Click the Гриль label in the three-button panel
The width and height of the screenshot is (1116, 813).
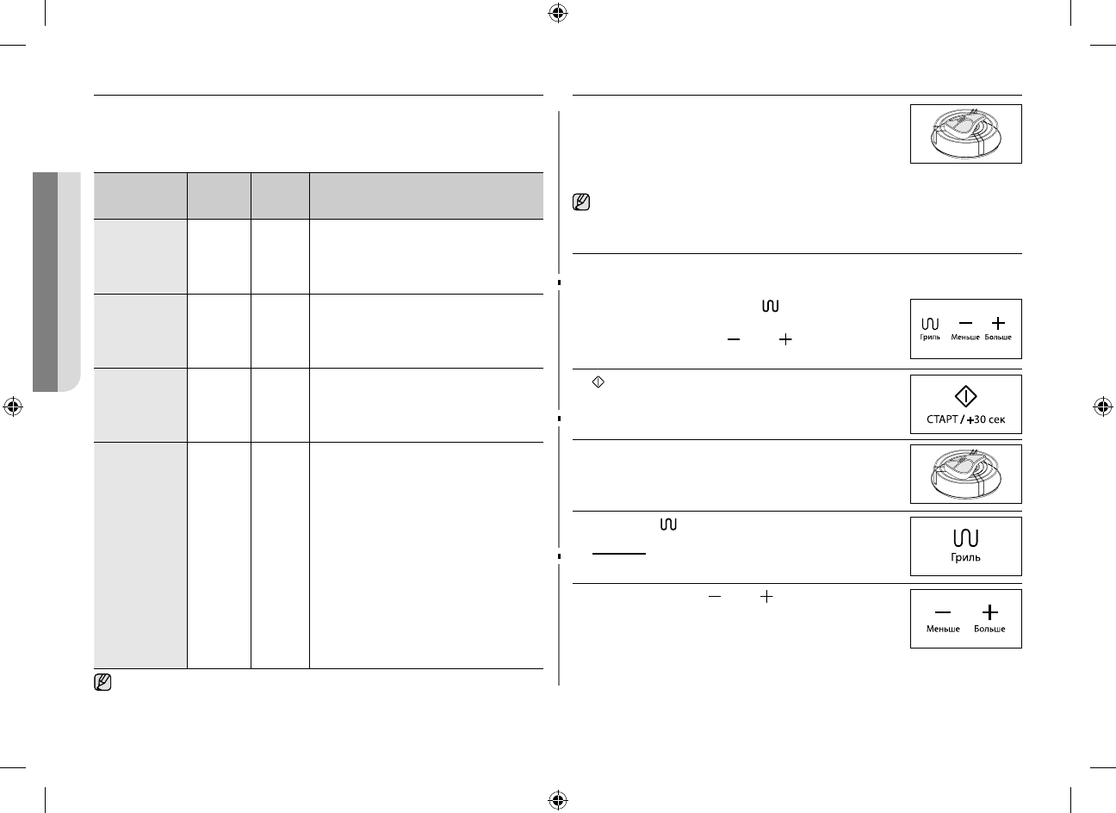[x=931, y=338]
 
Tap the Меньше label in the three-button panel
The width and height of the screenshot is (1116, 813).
[x=965, y=338]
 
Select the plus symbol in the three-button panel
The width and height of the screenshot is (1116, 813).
[x=998, y=323]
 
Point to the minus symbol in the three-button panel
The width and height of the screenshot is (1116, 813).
[x=965, y=323]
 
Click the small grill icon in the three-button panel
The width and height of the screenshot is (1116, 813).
[x=931, y=324]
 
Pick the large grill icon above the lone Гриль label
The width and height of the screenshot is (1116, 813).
[x=966, y=539]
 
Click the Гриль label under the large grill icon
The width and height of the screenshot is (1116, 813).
[x=966, y=557]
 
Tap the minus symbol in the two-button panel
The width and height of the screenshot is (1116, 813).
[x=943, y=612]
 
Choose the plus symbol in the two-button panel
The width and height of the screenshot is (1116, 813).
[x=990, y=612]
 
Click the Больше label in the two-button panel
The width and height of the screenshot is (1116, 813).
[x=989, y=629]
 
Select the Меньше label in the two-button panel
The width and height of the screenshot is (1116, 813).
[x=943, y=629]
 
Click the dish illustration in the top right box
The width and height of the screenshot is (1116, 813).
[x=966, y=133]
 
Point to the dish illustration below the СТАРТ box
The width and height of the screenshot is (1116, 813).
[x=966, y=474]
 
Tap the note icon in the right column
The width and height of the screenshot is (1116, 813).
[x=581, y=204]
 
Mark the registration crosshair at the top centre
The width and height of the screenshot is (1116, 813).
[x=558, y=13]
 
